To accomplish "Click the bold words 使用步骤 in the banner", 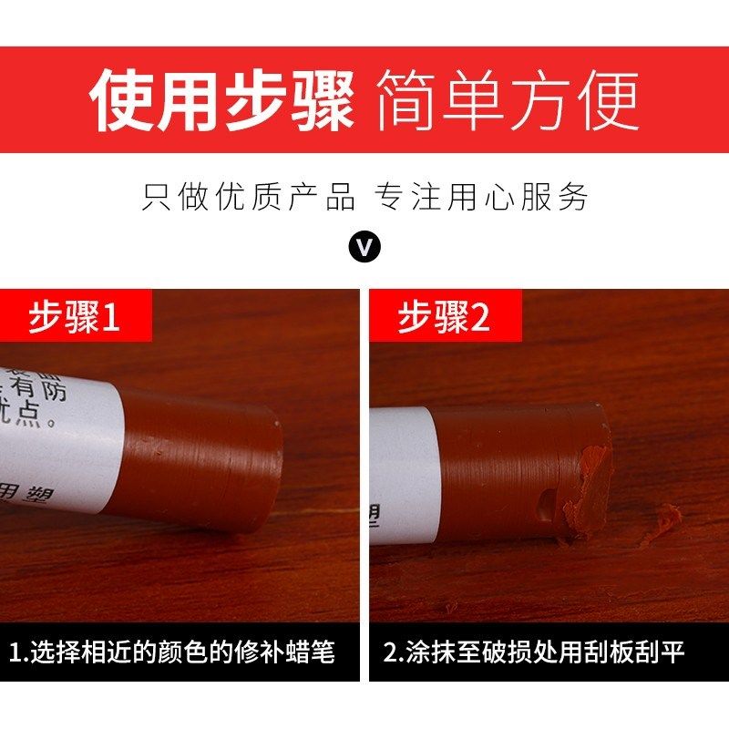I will (221, 99).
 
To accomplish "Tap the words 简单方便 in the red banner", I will (507, 99).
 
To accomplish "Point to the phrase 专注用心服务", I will (482, 198).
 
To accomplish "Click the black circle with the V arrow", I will (365, 246).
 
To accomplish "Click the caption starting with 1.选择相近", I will (172, 652).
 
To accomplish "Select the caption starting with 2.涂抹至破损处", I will (533, 652).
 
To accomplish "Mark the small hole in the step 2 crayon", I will (545, 505).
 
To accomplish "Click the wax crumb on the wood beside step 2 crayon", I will (663, 524).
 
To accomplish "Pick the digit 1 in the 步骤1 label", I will (110, 318).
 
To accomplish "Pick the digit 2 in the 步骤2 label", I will (480, 318).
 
